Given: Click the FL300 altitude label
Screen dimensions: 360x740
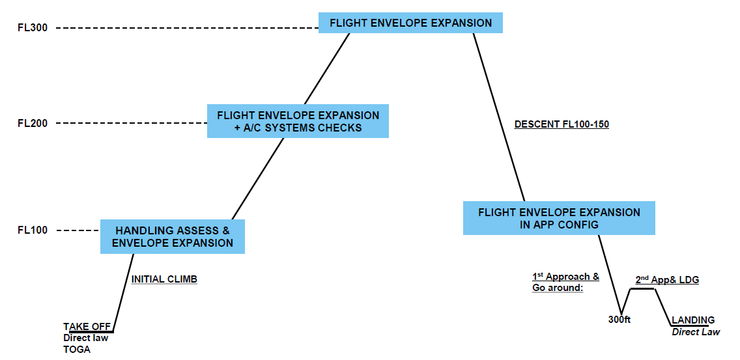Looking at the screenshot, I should point(33,28).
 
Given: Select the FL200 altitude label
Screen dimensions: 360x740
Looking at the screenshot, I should point(33,123).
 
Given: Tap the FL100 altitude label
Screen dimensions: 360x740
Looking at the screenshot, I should point(33,230).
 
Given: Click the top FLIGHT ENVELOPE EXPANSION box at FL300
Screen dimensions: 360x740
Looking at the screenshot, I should point(410,23).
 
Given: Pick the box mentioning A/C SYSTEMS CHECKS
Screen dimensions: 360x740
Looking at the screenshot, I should point(298,121).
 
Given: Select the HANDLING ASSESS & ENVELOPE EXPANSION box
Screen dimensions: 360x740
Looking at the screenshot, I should point(172,236).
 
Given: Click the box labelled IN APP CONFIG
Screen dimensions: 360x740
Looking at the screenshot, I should point(559,218).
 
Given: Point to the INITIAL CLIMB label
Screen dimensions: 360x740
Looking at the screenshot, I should point(164,279).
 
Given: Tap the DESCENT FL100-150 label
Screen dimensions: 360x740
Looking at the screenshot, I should point(561,124).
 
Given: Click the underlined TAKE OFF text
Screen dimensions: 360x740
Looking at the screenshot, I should point(85,326).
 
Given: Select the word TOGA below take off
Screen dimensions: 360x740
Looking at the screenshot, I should point(77,350).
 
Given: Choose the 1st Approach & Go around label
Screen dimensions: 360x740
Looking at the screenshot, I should point(565,282).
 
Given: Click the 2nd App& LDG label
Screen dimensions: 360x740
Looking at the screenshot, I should point(666,280).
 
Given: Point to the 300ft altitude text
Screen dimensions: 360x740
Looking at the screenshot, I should point(619,320).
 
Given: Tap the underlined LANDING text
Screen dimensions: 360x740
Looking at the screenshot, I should point(693,320).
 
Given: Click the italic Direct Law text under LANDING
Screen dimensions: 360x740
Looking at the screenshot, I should point(696,332).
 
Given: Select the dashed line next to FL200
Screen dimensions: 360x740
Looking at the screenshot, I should point(131,123).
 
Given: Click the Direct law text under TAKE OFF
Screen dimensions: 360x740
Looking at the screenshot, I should point(85,338).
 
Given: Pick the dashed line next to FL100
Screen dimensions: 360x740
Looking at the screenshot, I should point(78,230).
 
